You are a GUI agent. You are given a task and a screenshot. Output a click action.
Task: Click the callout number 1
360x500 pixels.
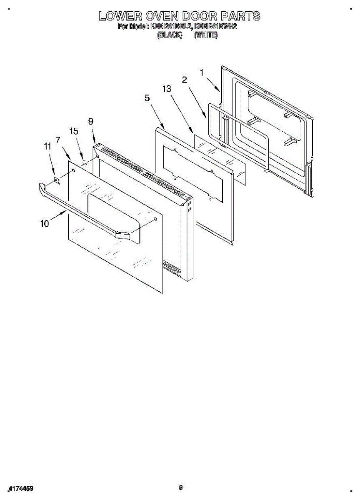coord(202,72)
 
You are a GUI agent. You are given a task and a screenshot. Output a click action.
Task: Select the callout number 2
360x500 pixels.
coord(184,80)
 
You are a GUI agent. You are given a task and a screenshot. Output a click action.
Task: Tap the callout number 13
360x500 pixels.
coord(167,88)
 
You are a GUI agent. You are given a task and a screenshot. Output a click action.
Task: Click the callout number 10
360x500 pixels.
coord(45,223)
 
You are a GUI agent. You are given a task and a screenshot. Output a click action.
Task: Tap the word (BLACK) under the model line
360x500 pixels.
coord(170,35)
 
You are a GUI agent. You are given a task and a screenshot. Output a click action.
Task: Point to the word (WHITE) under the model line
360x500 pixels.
coord(206,35)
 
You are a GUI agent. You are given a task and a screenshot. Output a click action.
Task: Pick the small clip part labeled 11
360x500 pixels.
coord(57,180)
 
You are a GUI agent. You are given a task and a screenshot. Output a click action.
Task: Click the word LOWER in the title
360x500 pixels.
coord(118,16)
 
